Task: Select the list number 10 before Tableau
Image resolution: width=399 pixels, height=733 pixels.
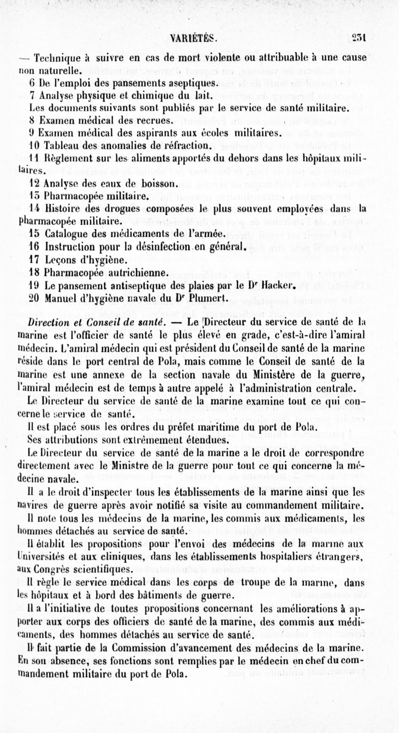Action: pos(33,146)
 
